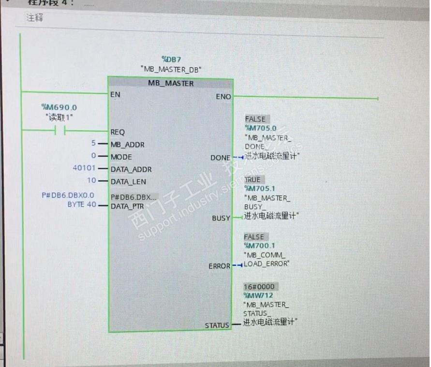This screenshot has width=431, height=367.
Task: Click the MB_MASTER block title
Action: pos(171,84)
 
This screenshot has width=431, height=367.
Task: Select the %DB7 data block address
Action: pos(171,59)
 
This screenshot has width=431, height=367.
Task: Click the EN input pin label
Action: pos(115,94)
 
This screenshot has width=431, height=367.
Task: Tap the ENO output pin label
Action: pos(223,97)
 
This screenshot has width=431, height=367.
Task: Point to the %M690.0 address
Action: pos(59,107)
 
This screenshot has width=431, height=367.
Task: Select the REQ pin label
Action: pos(118,132)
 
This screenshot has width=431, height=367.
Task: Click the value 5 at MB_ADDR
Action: pos(93,144)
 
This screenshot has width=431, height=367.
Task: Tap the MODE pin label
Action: pos(121,157)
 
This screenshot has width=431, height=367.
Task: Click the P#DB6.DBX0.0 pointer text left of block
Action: pos(68,195)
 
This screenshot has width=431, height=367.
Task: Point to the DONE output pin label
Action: pos(221,158)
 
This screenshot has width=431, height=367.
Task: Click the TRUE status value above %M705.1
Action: pos(253,179)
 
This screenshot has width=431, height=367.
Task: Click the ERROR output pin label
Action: pos(219,266)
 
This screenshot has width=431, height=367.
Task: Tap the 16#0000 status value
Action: pos(259,287)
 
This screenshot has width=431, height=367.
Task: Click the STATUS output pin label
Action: pos(217,325)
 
